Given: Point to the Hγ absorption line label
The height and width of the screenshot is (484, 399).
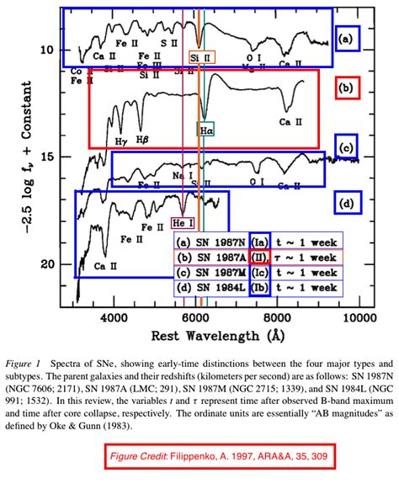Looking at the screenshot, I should click(x=121, y=141).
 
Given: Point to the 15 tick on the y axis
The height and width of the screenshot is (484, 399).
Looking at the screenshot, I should click(x=48, y=157).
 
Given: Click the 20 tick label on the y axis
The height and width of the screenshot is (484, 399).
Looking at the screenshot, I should click(x=48, y=263).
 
